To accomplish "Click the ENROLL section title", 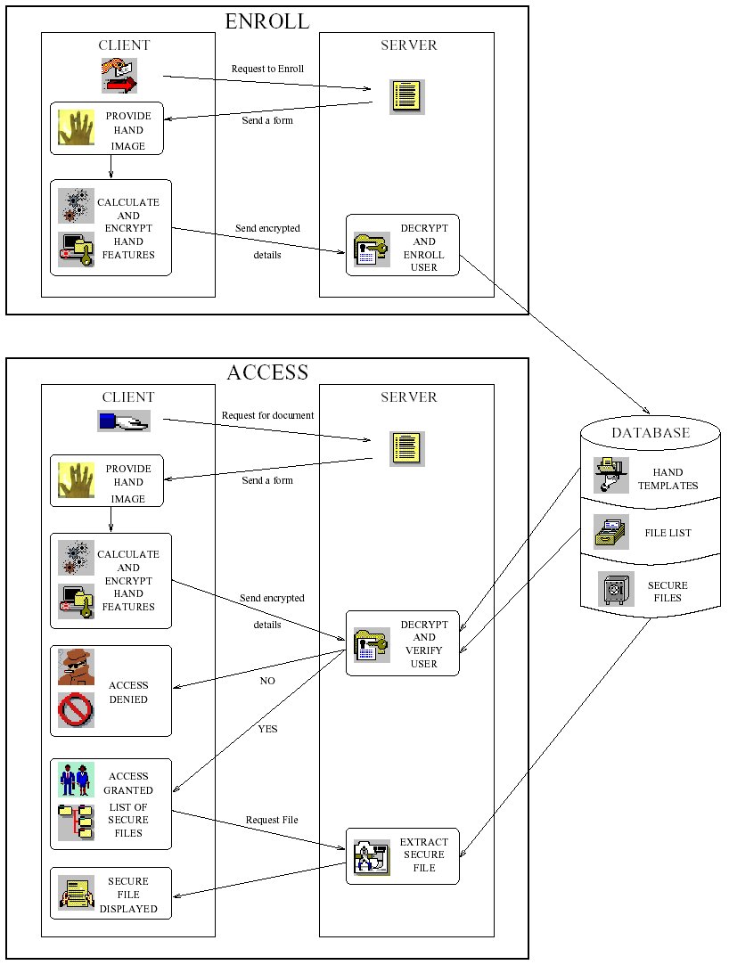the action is pos(266,21).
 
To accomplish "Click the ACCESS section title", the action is pos(267,372).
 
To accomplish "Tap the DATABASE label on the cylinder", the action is pos(651,432).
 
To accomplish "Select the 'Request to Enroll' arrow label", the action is pos(267,69).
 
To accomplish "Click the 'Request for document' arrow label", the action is pos(268,415).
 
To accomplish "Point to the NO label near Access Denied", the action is pos(267,681).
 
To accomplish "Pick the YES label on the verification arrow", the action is pos(267,729).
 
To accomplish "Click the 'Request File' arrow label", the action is pos(272,820).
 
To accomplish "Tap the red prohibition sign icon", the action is pos(76,710).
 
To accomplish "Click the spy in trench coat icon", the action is pos(76,667).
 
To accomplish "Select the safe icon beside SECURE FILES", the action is pos(616,588).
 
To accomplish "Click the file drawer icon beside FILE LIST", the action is pos(610,532).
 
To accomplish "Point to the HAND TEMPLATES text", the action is pos(668,479).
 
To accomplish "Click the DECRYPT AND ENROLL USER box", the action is pos(403,245).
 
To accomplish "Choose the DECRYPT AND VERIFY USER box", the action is pos(403,643).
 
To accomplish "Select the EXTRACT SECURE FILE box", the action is pos(403,856).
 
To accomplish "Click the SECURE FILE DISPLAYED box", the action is pos(111,894).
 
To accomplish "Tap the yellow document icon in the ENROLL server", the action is pos(407,97).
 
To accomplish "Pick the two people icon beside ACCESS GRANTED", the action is pos(76,780).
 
